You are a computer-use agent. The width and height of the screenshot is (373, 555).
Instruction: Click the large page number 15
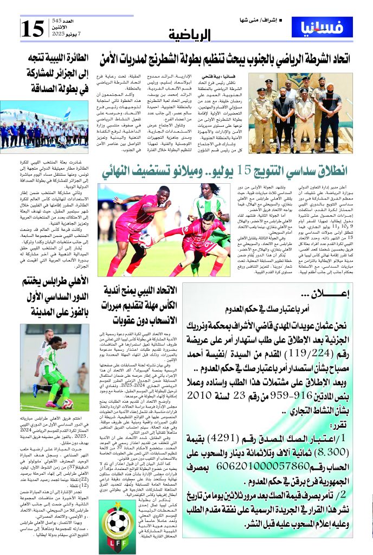32,28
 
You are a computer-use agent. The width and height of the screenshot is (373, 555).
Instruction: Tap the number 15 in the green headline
245,171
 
